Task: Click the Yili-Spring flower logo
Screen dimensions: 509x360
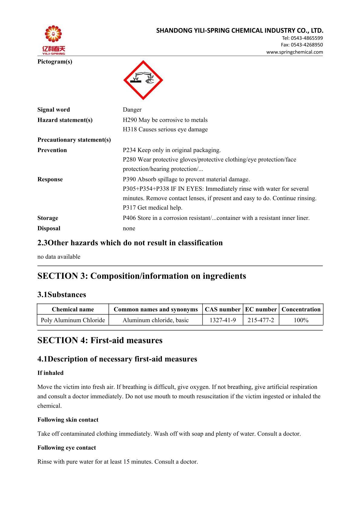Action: point(53,35)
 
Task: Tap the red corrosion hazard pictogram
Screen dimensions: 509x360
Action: point(143,80)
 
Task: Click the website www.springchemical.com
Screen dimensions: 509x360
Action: point(294,52)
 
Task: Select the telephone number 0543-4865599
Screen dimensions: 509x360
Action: point(306,38)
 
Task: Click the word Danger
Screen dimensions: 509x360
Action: point(132,109)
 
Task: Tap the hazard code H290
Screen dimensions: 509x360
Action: point(130,120)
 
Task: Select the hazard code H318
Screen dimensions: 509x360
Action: point(130,129)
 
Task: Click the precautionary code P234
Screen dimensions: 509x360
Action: point(129,150)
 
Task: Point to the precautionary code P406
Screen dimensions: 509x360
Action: point(129,218)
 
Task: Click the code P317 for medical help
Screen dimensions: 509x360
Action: point(129,208)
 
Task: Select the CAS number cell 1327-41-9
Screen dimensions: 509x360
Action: point(223,320)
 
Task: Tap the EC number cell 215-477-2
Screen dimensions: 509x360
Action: point(261,320)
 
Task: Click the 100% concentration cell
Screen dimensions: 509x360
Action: point(301,320)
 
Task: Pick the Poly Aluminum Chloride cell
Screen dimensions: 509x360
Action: point(73,320)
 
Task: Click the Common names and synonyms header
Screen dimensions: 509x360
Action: point(155,309)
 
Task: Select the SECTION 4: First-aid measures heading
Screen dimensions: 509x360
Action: point(100,340)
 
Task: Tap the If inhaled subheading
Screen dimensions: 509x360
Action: point(51,373)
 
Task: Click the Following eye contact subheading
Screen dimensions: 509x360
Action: point(67,448)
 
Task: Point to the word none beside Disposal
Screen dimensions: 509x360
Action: point(129,228)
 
